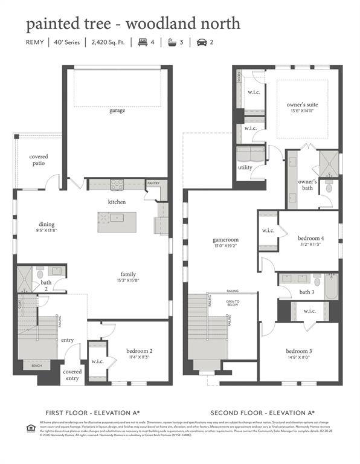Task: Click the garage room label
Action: [117, 111]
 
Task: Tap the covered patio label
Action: [39, 160]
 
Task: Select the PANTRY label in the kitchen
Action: [153, 182]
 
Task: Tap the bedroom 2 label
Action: [139, 351]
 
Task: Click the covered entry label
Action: [72, 375]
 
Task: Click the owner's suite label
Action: [302, 105]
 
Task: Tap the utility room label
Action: [245, 167]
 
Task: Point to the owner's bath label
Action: [307, 185]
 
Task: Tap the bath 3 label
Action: [307, 292]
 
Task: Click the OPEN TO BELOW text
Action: [233, 303]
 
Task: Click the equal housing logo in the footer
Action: [30, 428]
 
